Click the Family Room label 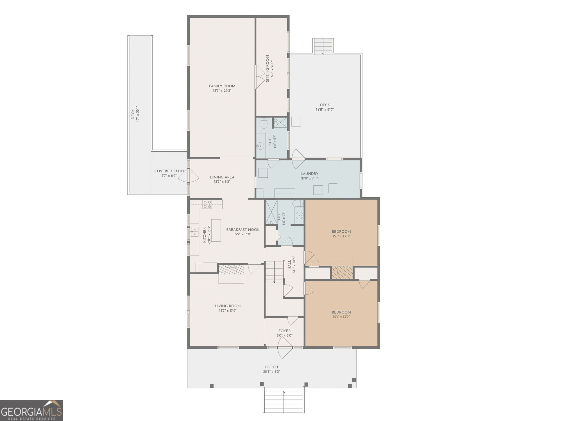[222, 86]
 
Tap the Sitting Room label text [268, 68]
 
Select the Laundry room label [309, 174]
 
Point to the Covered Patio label [169, 171]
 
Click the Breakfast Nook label [243, 230]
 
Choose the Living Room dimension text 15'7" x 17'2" [228, 311]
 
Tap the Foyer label [285, 331]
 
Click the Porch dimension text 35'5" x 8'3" [271, 372]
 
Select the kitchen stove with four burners [207, 204]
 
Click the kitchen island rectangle [216, 230]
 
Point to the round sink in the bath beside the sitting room [260, 146]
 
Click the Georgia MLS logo [31, 410]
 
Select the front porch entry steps [284, 400]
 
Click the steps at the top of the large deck [323, 46]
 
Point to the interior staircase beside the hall [275, 272]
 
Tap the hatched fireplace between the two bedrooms [342, 273]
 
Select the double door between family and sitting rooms [260, 77]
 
